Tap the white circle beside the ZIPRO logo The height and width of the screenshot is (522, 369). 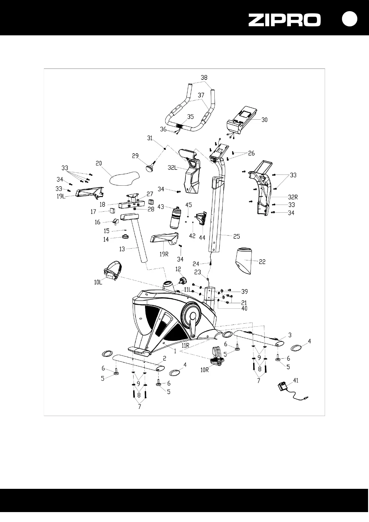coord(349,19)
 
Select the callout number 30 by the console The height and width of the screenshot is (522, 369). coord(264,120)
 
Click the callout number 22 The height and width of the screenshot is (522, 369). coord(262,262)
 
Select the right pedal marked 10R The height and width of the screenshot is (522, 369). coord(216,357)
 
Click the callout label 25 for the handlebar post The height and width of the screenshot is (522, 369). coord(236,237)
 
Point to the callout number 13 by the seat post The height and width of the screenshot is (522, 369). coord(122,249)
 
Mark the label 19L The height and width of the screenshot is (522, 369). coord(61,196)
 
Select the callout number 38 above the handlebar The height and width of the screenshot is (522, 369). coord(204,77)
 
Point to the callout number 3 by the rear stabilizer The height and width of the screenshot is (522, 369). coord(290,335)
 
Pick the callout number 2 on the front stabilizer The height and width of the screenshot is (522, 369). coord(165,358)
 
